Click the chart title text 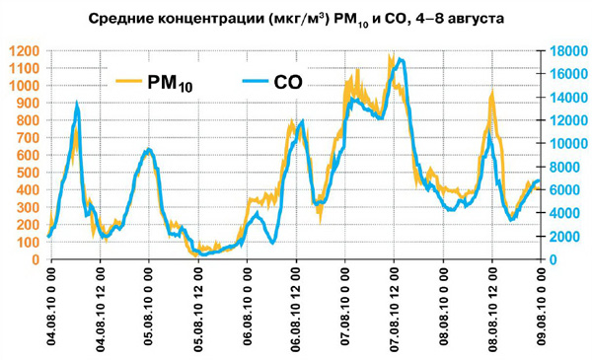coord(296,18)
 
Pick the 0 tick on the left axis coord(35,259)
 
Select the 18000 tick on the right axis coord(566,51)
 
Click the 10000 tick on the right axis coord(566,144)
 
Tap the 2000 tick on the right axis coord(562,237)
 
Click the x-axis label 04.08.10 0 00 coord(50,307)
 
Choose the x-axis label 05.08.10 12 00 coord(197,307)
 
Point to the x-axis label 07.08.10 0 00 coord(344,307)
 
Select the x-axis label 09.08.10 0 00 coord(541,307)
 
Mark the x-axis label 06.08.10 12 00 coord(295,307)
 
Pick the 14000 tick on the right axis coord(566,98)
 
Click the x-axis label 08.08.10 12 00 coord(491,307)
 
